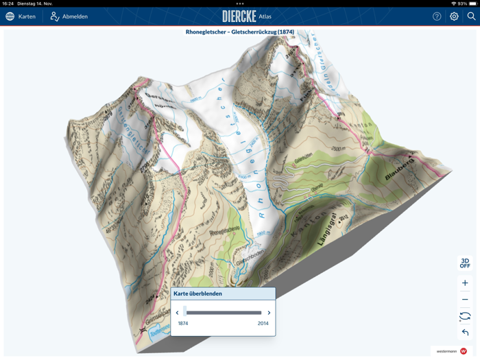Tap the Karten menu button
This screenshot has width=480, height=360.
coord(21,16)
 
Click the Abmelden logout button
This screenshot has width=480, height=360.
coord(69,16)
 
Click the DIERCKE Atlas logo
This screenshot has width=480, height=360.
coord(246,16)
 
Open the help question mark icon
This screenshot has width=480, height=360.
coord(437,16)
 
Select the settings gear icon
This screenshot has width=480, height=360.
coord(454,16)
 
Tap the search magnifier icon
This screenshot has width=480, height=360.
coord(471,16)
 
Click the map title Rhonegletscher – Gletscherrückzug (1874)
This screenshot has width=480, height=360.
coord(240,32)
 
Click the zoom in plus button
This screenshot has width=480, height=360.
coord(465,283)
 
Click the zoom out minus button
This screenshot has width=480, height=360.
coord(465,300)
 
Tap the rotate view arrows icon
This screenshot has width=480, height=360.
coord(465,316)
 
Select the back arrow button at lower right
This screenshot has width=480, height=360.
coord(465,333)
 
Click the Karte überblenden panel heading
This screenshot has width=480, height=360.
coord(197,293)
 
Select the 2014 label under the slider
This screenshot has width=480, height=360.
coord(263,323)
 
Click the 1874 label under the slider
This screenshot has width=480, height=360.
coord(183,323)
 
